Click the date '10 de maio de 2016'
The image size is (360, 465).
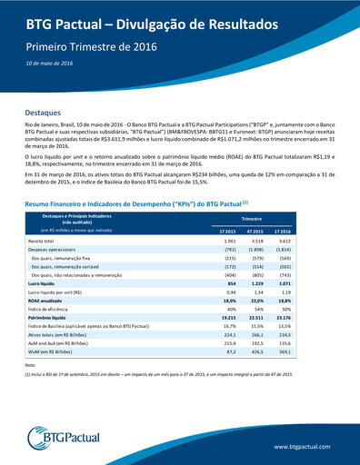tap(50, 63)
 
